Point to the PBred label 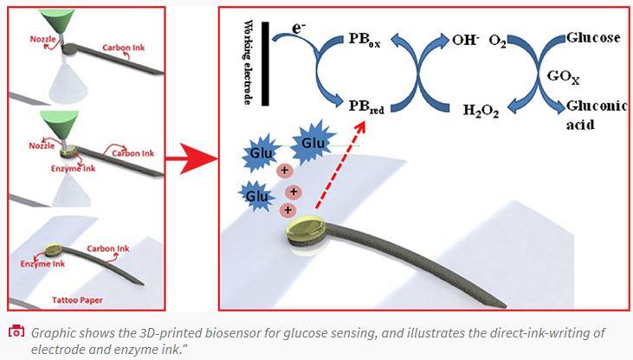pyautogui.click(x=368, y=107)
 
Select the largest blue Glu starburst pyautogui.click(x=313, y=145)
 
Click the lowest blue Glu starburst pyautogui.click(x=257, y=196)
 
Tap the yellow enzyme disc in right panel pyautogui.click(x=309, y=231)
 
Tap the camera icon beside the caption pyautogui.click(x=16, y=332)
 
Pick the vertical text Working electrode pyautogui.click(x=248, y=61)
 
